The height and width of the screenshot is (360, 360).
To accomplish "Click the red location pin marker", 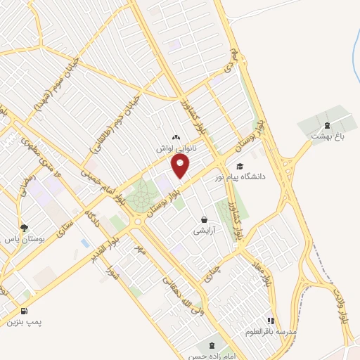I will (x=181, y=166).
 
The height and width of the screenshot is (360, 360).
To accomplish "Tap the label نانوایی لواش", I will (x=175, y=149).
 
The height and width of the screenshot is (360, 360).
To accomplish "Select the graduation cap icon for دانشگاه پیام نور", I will (x=240, y=167).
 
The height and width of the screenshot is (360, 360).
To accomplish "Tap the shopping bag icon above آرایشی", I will (x=205, y=219).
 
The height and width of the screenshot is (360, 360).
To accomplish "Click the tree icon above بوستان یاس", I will (x=25, y=227).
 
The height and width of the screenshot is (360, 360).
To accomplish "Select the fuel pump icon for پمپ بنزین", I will (x=25, y=311).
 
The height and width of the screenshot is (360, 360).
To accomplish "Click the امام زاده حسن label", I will (x=210, y=356).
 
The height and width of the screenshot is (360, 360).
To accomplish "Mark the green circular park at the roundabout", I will (x=143, y=192).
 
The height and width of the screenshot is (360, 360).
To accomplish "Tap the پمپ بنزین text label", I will (x=25, y=322).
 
